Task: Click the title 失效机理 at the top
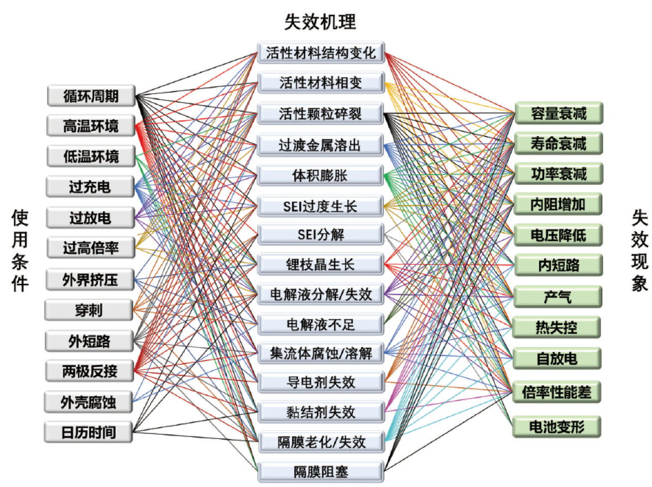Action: (320, 22)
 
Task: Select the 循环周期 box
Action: (91, 96)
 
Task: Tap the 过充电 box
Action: (90, 187)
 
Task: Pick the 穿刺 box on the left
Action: (89, 310)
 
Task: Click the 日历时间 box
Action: (88, 432)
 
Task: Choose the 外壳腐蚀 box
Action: (88, 402)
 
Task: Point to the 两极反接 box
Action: (90, 371)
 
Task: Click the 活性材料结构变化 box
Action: (321, 53)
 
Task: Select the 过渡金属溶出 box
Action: (320, 145)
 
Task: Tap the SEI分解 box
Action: (321, 235)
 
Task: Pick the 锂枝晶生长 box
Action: (321, 264)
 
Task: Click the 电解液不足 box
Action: (321, 324)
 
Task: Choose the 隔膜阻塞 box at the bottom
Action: (321, 472)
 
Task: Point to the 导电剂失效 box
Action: (321, 383)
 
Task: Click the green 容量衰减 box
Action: (559, 113)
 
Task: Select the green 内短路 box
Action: (559, 265)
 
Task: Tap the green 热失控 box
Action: (557, 327)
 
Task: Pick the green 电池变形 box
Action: (557, 426)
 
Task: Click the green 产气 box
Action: (557, 297)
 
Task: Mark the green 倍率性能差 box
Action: (557, 392)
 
